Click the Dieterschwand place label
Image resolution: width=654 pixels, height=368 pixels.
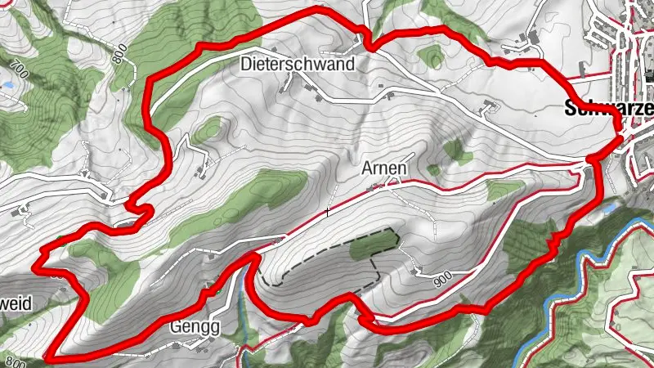[x=298, y=64]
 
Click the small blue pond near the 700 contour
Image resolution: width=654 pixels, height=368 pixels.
[x=8, y=84]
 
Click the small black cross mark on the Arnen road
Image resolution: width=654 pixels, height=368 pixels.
[x=327, y=212]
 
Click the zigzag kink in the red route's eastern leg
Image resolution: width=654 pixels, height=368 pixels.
[x=555, y=240]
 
